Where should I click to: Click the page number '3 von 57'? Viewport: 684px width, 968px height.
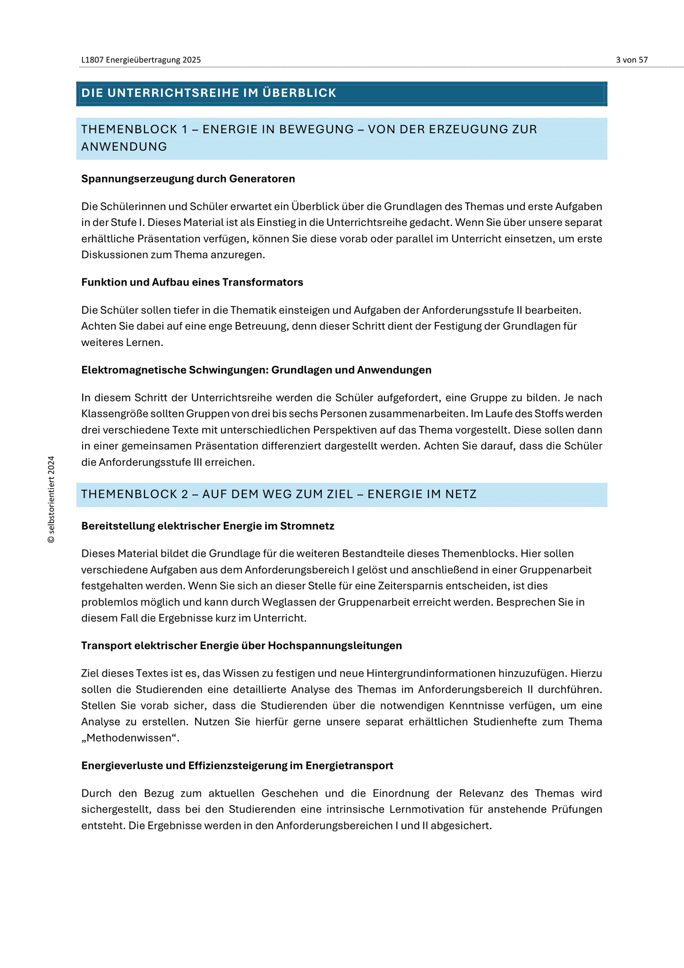632,60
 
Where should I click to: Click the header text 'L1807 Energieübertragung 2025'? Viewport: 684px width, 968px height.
141,60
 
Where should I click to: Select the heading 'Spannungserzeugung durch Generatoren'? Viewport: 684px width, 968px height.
188,179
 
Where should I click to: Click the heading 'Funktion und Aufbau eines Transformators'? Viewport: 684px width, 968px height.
192,282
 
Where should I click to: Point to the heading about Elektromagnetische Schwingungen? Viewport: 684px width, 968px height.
256,370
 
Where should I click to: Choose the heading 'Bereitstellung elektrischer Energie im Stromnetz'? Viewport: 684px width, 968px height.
208,526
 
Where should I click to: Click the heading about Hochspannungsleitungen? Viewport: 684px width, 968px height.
241,646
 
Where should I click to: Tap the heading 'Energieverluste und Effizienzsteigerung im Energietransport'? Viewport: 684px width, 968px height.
237,766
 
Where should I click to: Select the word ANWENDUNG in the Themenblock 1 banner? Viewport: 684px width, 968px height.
124,147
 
